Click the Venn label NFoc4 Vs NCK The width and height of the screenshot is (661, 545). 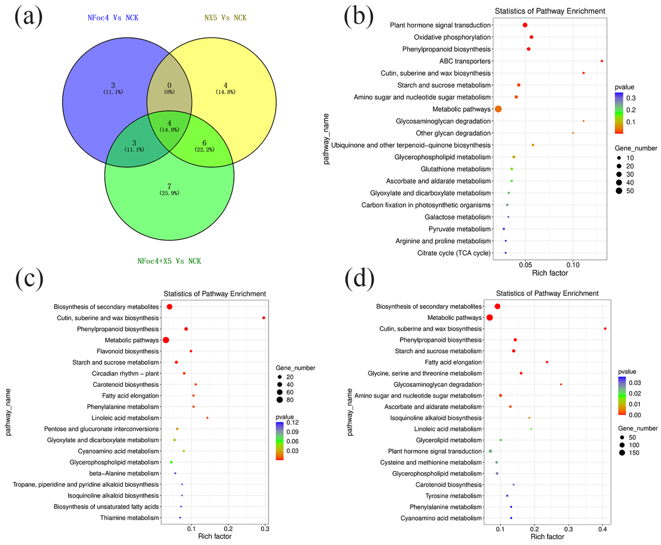[113, 18]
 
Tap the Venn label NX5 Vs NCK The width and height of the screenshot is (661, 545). [225, 18]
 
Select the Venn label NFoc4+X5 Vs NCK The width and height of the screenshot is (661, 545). [169, 261]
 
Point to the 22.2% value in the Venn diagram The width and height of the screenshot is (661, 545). [205, 150]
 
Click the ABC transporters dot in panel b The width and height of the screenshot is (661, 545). [601, 61]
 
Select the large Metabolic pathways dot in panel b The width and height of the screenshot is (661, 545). [498, 109]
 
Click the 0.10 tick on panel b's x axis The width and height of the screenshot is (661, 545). [573, 265]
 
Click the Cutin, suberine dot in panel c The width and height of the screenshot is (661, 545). [264, 318]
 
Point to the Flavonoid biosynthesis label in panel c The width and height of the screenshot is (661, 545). [127, 351]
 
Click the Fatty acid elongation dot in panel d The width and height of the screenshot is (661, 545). [547, 362]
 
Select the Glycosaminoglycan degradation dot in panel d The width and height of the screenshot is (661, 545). [561, 385]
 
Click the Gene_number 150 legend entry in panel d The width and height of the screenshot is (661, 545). [629, 453]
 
